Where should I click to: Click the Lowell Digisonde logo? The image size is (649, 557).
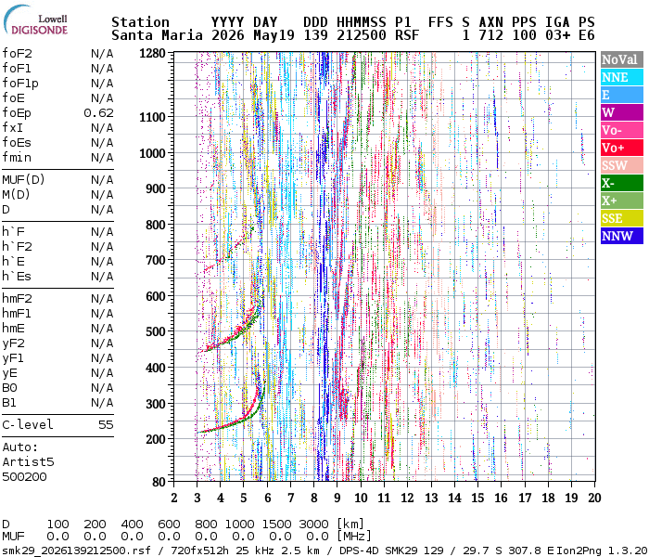[x=35, y=19]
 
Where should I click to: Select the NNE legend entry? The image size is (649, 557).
[x=622, y=77]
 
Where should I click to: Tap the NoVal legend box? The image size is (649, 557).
[x=622, y=59]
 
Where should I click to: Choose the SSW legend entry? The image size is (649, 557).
[x=622, y=165]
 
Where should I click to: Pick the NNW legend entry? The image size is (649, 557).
[x=622, y=236]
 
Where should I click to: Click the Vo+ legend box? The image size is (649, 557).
[x=622, y=148]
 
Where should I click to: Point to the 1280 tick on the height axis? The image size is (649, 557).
[x=152, y=54]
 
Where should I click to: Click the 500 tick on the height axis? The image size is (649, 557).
[x=156, y=332]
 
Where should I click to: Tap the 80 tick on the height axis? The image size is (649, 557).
[x=159, y=482]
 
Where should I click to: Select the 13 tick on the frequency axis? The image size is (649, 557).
[x=431, y=498]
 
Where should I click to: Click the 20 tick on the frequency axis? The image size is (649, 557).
[x=595, y=498]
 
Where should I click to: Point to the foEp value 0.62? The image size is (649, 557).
[x=98, y=113]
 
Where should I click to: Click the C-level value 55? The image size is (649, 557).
[x=106, y=425]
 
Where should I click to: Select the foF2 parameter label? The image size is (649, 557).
[x=17, y=54]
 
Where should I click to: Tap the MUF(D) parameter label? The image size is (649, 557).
[x=23, y=180]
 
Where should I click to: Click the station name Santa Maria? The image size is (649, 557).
[x=157, y=35]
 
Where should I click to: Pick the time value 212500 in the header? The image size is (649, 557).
[x=362, y=35]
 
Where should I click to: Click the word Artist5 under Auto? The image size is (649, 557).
[x=28, y=462]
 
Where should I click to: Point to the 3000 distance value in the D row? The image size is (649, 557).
[x=313, y=525]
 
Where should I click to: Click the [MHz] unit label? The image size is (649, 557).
[x=353, y=537]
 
